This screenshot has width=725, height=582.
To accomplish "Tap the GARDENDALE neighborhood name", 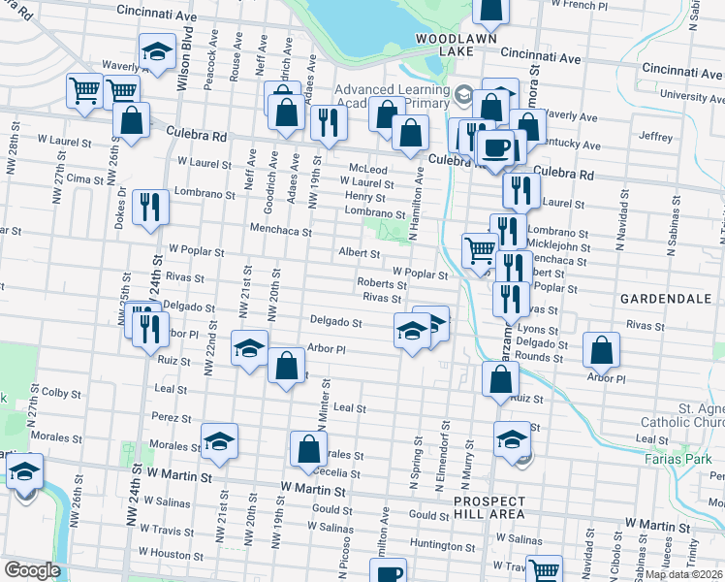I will point(671,300).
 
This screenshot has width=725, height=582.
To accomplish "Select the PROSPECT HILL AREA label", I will point(490,508).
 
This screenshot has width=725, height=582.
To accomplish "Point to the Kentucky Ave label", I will point(572,145).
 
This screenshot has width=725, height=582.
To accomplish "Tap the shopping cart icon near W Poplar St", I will point(480,251).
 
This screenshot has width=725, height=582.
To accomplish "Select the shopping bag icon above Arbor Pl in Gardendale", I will point(602,351).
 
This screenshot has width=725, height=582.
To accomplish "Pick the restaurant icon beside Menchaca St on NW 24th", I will point(150,207).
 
